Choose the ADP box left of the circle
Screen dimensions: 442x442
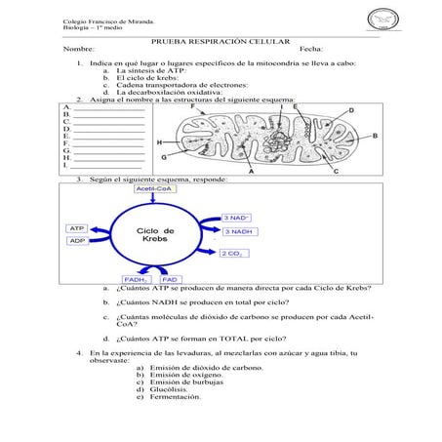(x=77, y=240)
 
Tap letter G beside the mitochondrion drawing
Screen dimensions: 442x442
(x=164, y=157)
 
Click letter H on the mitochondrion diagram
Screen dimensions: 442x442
(x=159, y=142)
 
